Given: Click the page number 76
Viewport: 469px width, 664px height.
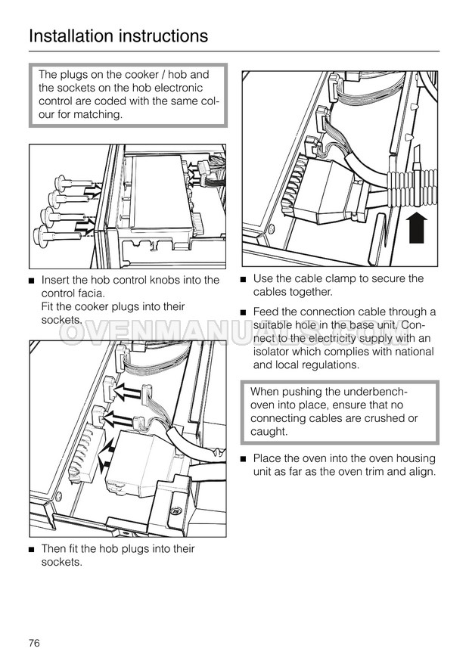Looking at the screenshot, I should pyautogui.click(x=34, y=643).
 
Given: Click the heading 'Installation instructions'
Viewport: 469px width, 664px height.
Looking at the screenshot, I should pyautogui.click(x=118, y=36).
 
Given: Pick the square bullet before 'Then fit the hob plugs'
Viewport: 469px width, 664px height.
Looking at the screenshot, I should pyautogui.click(x=32, y=550).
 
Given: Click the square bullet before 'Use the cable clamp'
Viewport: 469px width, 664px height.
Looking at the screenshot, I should pyautogui.click(x=244, y=280).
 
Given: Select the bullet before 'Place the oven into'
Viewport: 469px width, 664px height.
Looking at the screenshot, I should pyautogui.click(x=244, y=459).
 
